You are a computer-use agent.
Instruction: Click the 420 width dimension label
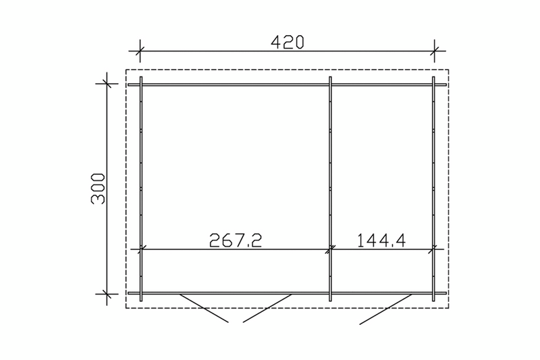coord(288,42)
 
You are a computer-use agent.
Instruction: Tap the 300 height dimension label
coord(98,189)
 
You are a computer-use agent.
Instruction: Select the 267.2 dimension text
coord(236,240)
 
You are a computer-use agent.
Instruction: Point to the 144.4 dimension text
coord(381,240)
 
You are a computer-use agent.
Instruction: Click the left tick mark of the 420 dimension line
coord(140,51)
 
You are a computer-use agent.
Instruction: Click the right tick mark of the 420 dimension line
coord(434,51)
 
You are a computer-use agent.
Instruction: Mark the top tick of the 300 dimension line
coord(107,83)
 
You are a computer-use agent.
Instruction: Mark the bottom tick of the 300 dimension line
coord(107,294)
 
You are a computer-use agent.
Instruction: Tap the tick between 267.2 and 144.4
coord(331,249)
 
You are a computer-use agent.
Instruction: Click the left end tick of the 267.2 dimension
coord(141,249)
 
